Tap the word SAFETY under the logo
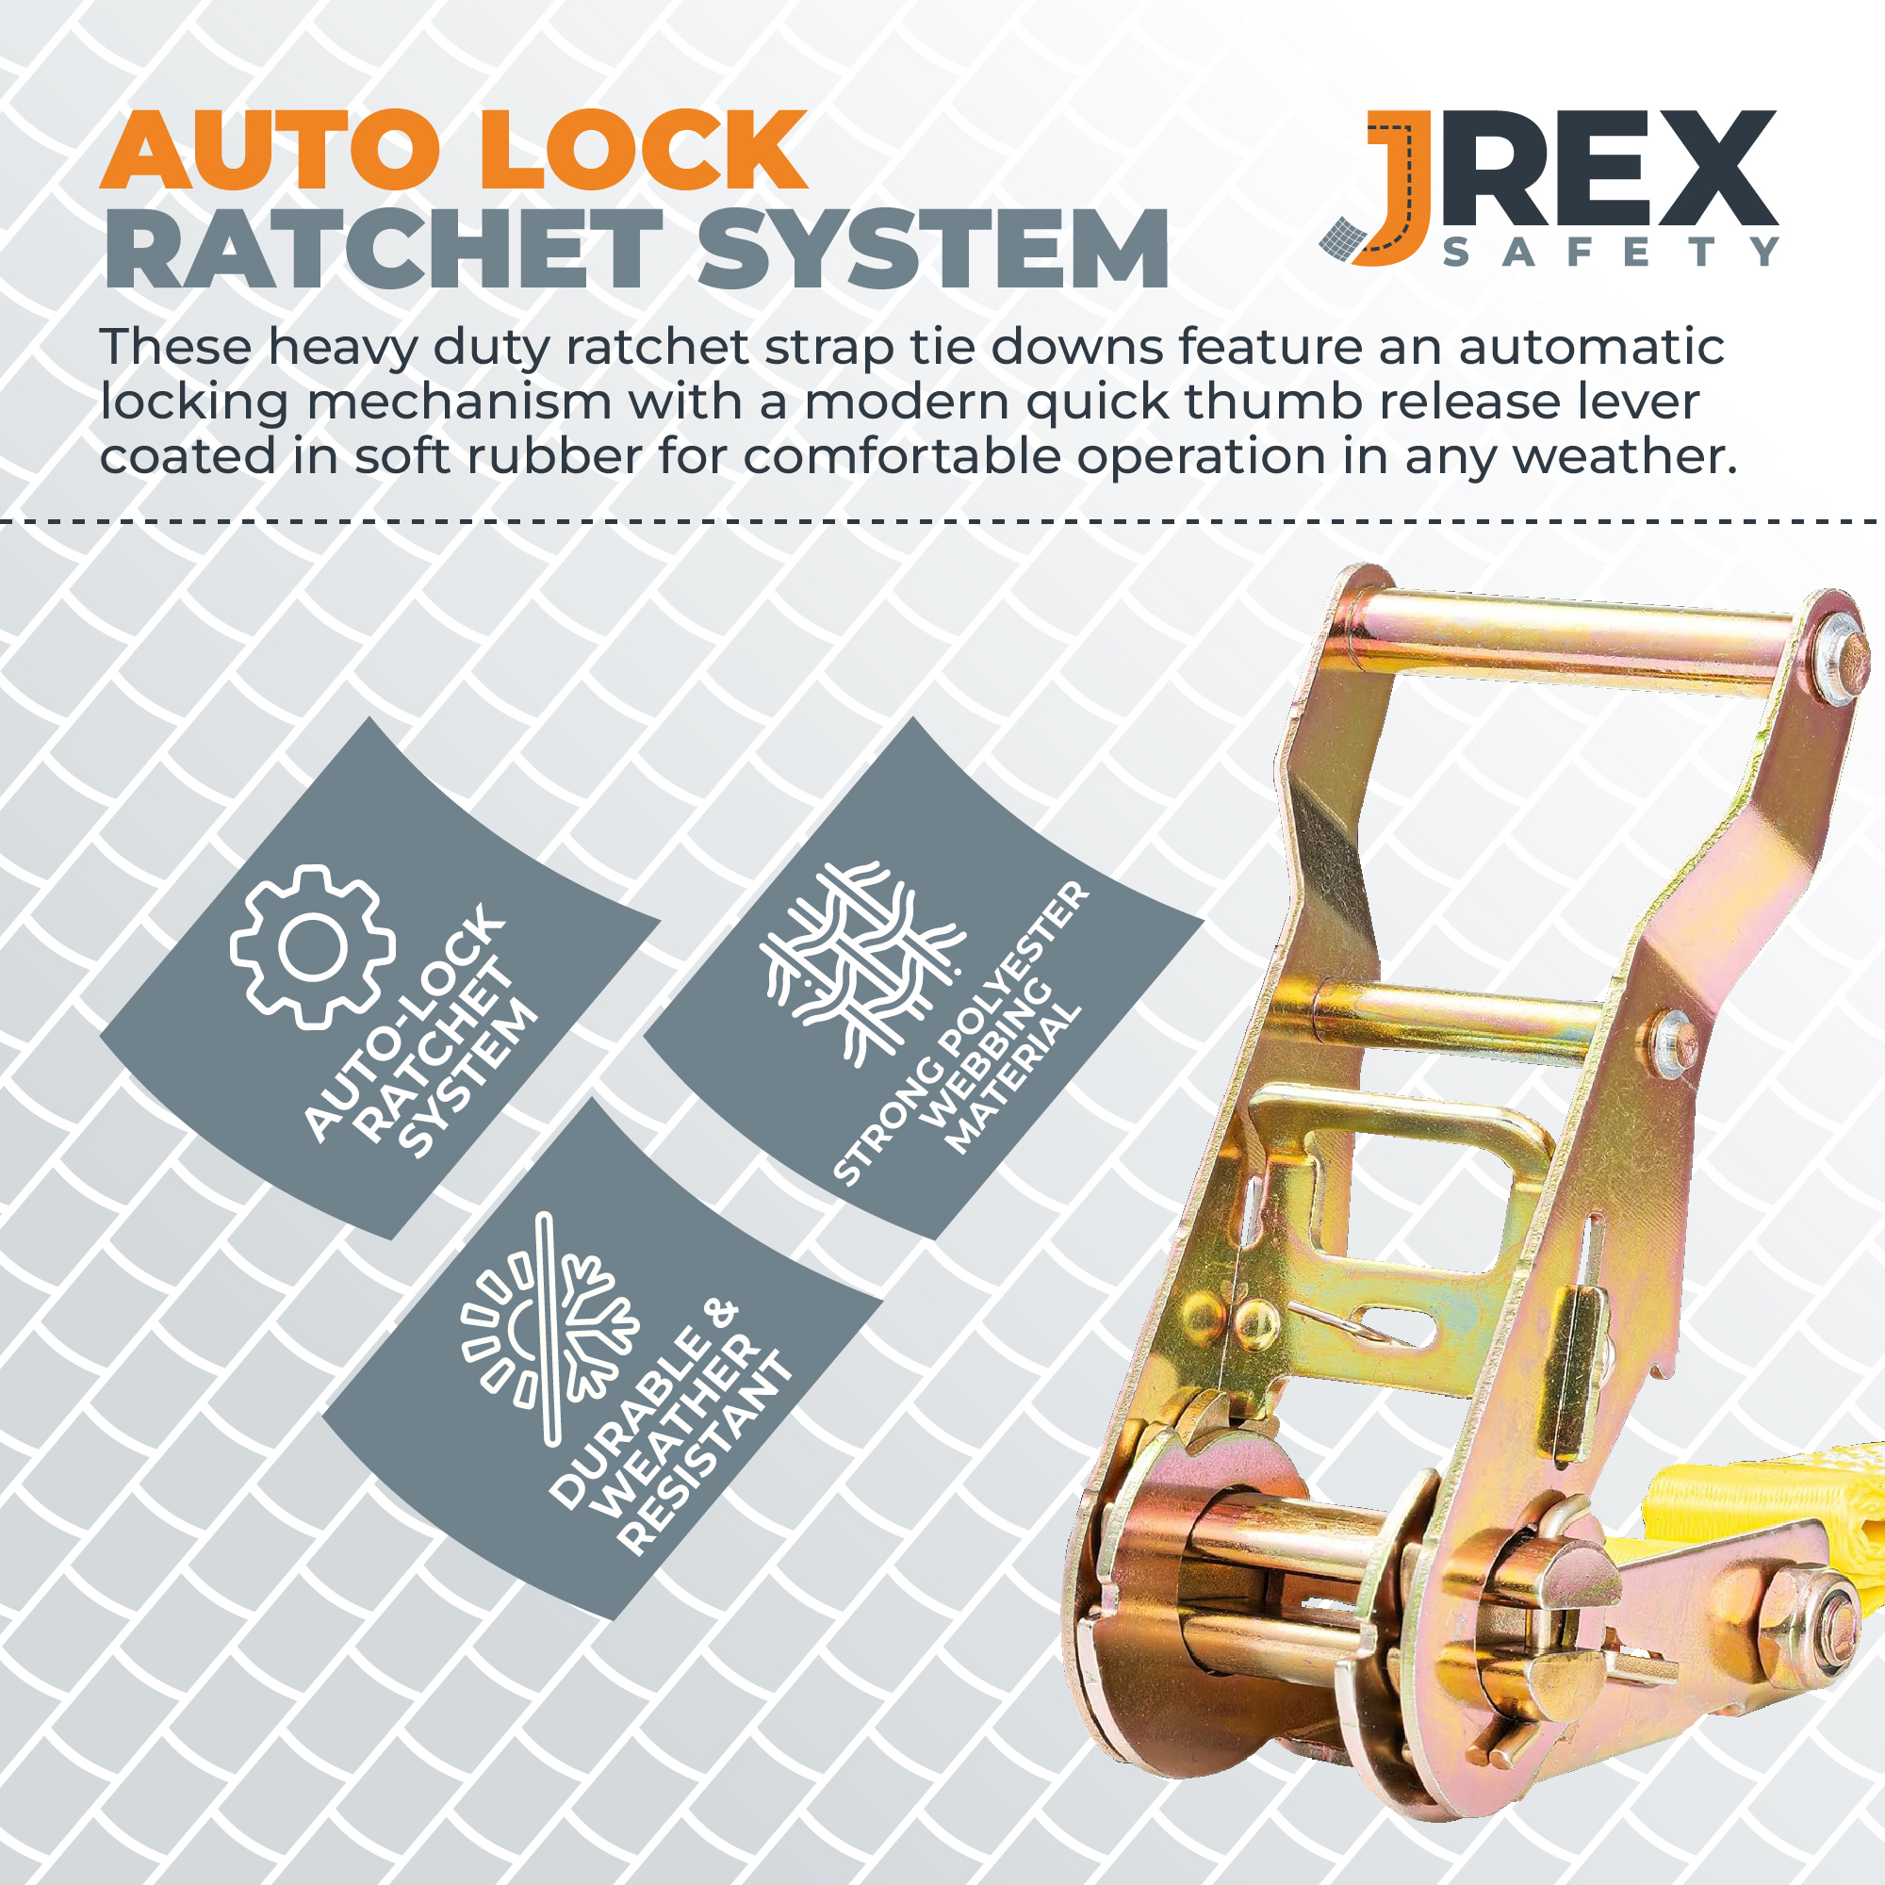(1611, 252)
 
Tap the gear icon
(313, 946)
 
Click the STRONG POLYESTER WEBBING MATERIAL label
(960, 1034)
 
